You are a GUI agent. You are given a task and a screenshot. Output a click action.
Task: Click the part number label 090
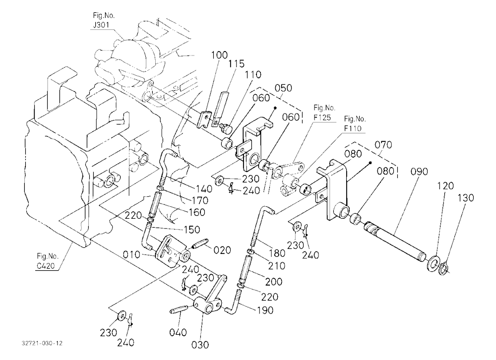pos(419,172)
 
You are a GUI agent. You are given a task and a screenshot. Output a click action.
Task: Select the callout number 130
pos(466,198)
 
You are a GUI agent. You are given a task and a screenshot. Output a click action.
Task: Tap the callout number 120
pos(445,185)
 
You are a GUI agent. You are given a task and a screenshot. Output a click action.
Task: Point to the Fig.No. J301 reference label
pos(104,20)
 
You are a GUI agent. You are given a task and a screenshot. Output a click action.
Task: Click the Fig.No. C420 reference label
pos(47,261)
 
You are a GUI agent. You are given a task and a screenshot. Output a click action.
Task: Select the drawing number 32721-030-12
pos(42,343)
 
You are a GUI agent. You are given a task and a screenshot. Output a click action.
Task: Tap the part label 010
pos(131,254)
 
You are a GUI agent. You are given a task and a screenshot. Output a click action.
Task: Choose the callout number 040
pos(178,332)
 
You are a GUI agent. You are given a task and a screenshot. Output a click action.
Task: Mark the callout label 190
pos(264,310)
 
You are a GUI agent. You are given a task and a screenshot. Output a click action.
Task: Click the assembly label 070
pos(383,145)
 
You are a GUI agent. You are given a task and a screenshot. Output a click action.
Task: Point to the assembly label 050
pos(283,88)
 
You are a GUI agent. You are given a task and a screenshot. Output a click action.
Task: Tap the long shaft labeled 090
pos(395,240)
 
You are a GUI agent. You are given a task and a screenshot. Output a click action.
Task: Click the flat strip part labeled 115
pos(221,108)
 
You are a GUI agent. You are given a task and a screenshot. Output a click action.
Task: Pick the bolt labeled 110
pos(227,127)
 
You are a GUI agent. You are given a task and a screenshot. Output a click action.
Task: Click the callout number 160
pos(197,212)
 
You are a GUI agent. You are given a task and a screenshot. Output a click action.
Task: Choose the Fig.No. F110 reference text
pos(355,123)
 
